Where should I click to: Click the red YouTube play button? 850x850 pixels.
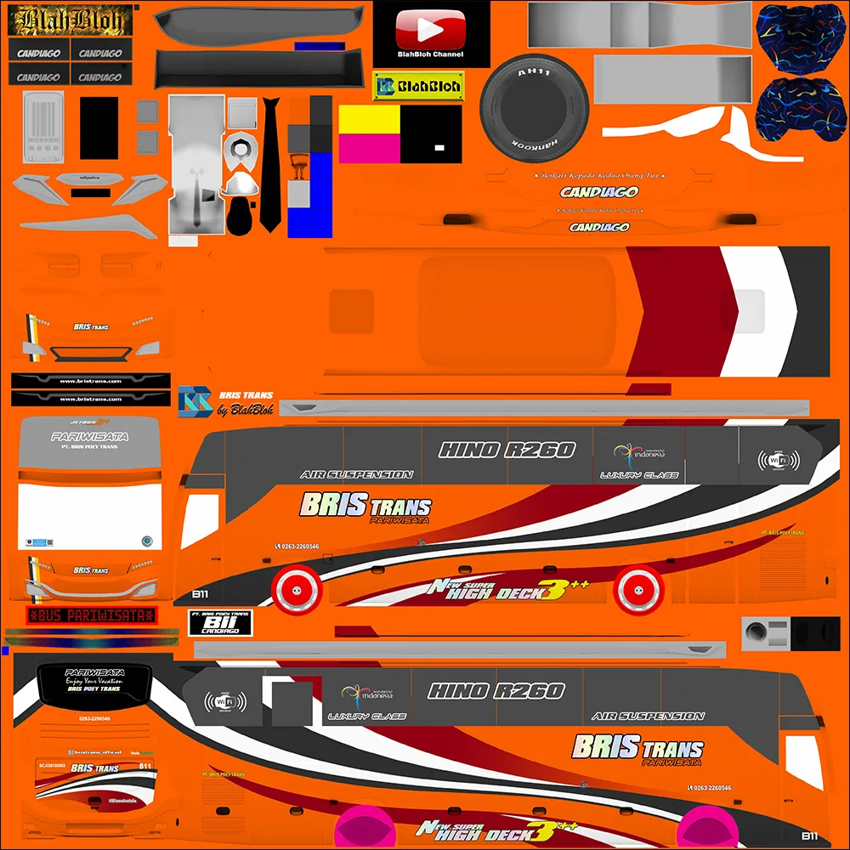[x=431, y=30]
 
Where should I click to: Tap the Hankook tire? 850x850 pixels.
[x=535, y=107]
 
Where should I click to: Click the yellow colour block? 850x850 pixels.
[x=370, y=119]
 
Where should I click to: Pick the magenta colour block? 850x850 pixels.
[x=370, y=149]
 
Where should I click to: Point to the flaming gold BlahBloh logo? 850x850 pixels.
[x=71, y=20]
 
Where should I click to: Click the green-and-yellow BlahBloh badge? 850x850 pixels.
[x=417, y=85]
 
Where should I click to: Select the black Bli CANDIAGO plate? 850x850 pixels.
[x=220, y=622]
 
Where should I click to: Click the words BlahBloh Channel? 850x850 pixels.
[x=431, y=54]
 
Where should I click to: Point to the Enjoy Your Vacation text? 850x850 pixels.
[x=94, y=680]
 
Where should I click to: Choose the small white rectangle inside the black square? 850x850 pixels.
[x=439, y=148]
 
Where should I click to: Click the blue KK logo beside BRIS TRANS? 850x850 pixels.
[x=195, y=401]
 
